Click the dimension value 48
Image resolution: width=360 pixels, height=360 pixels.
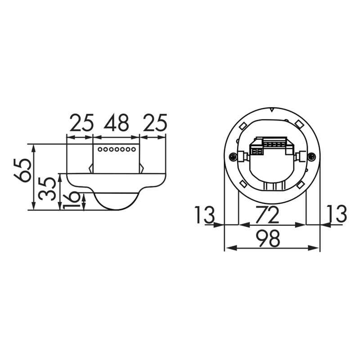point(116,123)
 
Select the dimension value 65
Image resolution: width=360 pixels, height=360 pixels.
point(22,170)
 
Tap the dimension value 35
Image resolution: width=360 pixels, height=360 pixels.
point(47,189)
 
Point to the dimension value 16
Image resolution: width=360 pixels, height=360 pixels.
point(72,201)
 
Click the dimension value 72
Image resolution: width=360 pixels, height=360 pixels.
point(267,215)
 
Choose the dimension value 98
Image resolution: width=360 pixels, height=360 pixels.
point(268,238)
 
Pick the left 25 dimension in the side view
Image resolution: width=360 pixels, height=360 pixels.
point(82,123)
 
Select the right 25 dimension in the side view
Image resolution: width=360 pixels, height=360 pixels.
point(155,123)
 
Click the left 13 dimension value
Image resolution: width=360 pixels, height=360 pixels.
point(205,215)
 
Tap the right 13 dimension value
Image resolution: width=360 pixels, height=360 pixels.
point(337,214)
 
